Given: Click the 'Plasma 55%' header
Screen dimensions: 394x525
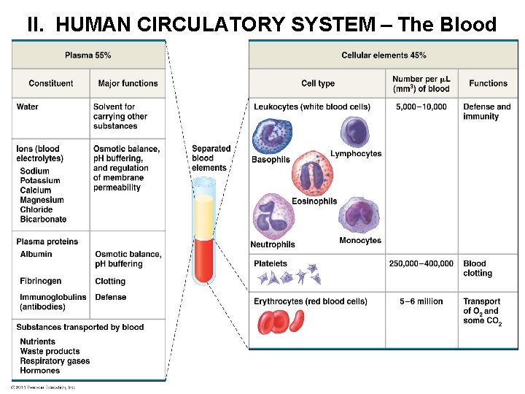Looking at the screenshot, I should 88,55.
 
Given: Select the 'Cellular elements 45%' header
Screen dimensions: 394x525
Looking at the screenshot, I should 384,55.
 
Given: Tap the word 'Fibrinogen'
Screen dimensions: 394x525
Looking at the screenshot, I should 41,281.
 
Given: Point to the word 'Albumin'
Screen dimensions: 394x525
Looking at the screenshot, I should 36,254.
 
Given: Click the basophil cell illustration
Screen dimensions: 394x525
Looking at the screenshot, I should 271,136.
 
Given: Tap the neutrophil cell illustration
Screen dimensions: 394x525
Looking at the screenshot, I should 273,218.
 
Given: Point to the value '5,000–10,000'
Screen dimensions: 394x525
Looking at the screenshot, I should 421,107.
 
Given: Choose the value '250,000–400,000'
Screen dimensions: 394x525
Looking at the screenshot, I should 421,263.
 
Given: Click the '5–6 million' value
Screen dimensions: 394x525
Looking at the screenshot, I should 421,301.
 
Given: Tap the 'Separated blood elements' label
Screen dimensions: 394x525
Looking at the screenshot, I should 211,158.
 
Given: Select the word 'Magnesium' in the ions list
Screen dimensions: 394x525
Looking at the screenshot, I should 42,200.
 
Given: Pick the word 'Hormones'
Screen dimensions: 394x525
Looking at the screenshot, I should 40,371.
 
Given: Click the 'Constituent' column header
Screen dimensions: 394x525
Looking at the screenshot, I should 51,83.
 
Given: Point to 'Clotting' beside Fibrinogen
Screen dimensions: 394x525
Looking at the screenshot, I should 110,281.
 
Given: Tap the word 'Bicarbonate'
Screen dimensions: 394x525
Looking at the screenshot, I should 43,219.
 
